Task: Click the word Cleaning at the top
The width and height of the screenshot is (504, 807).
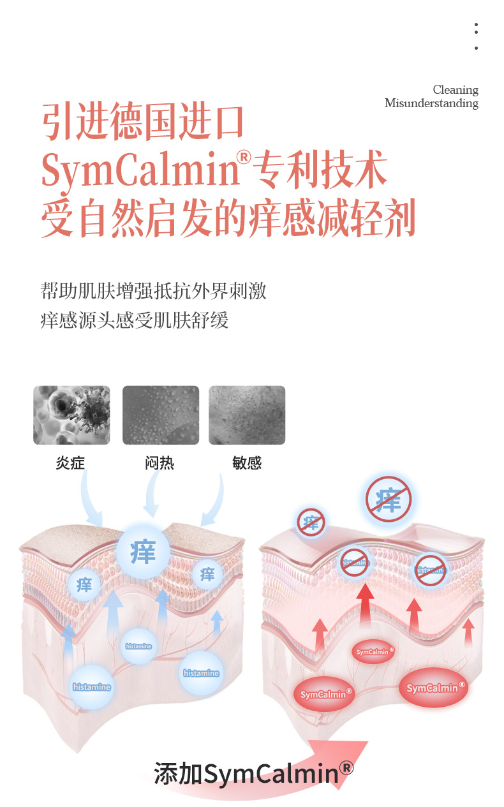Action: (x=455, y=90)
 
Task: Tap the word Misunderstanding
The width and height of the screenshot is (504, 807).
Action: (x=431, y=103)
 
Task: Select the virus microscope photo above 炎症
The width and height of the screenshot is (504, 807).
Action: (x=71, y=415)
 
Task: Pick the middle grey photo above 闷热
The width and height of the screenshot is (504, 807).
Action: (x=160, y=415)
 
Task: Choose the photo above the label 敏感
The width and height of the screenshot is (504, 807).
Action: (x=247, y=415)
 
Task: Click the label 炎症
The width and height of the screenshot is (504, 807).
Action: (x=70, y=463)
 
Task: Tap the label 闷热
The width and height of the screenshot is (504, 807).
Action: (x=159, y=463)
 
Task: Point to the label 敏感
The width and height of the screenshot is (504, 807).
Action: (x=247, y=463)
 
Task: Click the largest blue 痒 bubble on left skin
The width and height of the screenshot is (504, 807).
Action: (x=143, y=551)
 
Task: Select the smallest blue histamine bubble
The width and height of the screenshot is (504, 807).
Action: (x=139, y=646)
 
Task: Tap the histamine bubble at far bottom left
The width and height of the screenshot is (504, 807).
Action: (x=92, y=687)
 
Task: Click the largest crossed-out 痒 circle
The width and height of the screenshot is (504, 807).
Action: (x=389, y=499)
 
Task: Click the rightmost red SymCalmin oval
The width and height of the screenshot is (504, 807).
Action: (x=433, y=688)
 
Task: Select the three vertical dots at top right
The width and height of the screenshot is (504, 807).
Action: (x=476, y=37)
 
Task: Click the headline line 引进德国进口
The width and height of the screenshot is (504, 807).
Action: (x=144, y=123)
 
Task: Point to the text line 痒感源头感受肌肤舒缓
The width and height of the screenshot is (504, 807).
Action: (x=135, y=320)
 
